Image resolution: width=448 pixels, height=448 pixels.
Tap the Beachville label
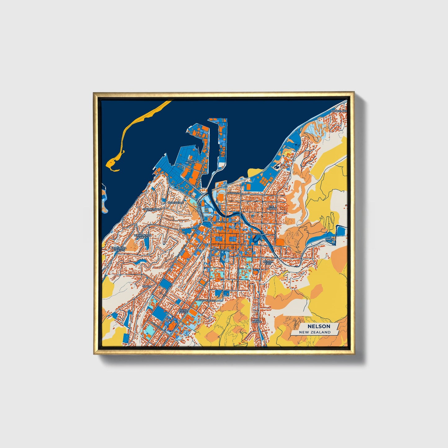[x=175, y=202]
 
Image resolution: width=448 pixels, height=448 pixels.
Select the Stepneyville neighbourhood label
[x=152, y=210]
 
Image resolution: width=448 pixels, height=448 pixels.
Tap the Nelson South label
[x=184, y=311]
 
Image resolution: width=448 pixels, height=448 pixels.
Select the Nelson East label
[x=268, y=262]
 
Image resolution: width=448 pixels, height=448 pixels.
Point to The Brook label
[x=256, y=321]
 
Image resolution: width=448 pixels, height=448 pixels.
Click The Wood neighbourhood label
[x=272, y=208]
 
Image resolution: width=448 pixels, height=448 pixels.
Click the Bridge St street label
[x=253, y=234]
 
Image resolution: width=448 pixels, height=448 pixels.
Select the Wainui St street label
[x=233, y=193]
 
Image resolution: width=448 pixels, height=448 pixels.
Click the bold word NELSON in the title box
[x=319, y=326]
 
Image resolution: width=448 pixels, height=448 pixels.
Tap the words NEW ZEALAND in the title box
[x=314, y=332]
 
